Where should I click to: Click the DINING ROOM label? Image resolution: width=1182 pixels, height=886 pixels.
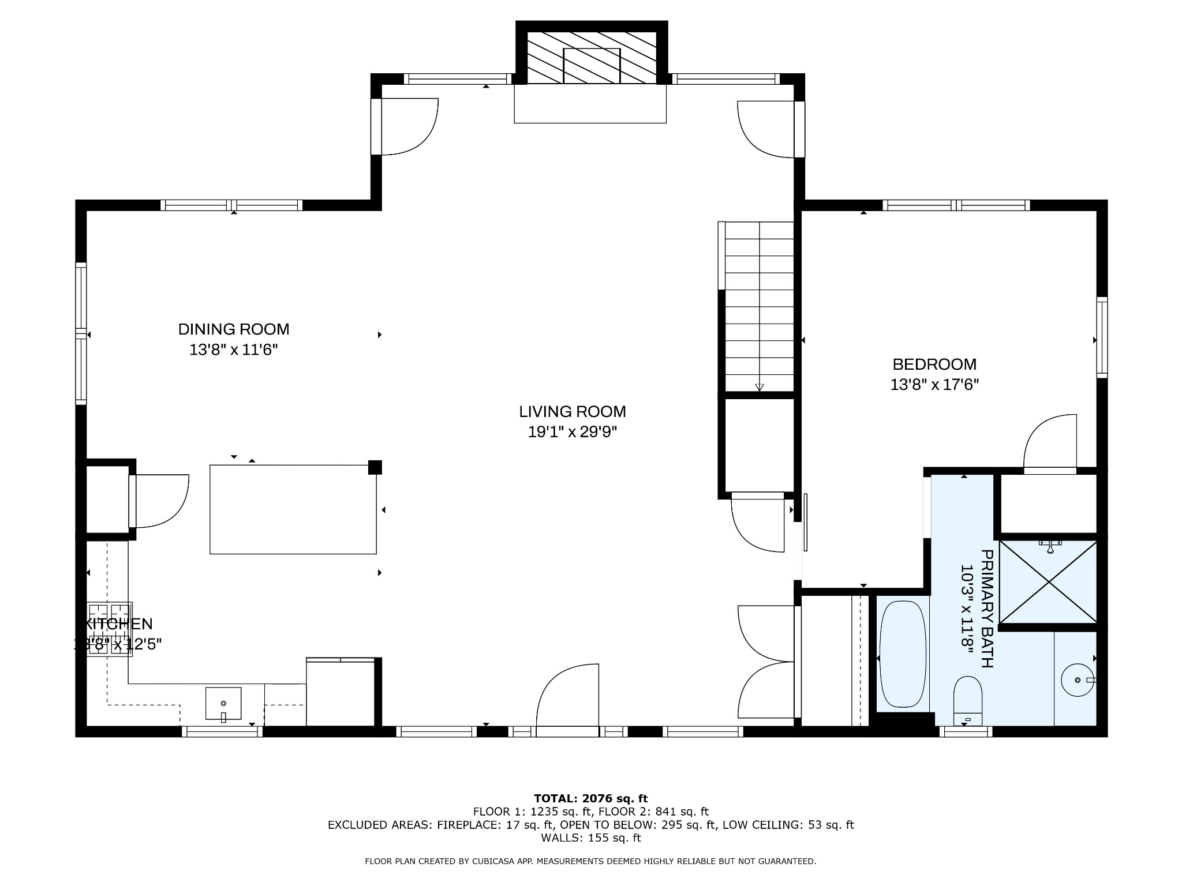coord(233,329)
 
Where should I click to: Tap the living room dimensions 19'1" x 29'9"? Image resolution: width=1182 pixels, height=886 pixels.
coord(572,432)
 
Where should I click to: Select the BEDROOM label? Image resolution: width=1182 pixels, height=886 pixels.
coord(934,365)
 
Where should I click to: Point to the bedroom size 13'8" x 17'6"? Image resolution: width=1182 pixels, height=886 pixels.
coord(934,385)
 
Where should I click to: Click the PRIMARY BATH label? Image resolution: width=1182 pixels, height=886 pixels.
coord(987,609)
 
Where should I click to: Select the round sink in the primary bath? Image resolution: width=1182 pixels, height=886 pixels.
coord(1077,681)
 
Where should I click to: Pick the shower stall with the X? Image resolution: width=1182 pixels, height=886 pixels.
coord(1048,581)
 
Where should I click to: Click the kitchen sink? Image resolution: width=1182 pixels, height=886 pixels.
coord(223,703)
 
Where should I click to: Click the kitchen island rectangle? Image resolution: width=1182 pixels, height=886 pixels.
coord(293,509)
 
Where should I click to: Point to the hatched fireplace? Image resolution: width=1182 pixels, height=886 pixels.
coord(591,58)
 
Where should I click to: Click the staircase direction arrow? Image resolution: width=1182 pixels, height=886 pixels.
coord(760,387)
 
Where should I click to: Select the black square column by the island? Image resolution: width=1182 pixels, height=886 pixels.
coord(375,467)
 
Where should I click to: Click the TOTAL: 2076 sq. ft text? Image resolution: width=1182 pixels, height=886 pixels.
coord(590,799)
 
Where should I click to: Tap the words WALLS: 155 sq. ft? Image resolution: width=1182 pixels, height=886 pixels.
coord(590,838)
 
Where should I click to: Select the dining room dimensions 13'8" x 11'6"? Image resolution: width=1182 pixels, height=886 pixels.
coord(233,350)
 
